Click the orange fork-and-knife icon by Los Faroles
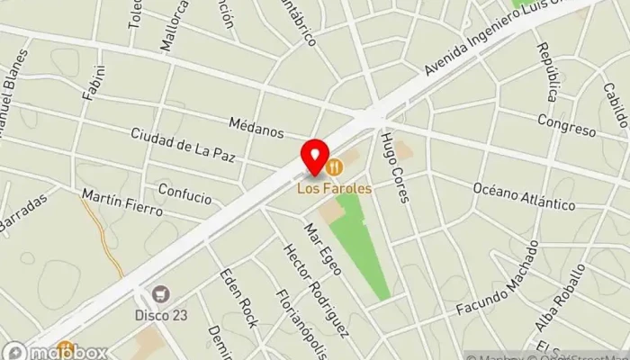335,166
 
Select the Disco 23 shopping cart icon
161,292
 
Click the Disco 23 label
162,314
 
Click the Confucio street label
184,193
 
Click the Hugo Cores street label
395,166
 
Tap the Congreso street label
567,125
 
